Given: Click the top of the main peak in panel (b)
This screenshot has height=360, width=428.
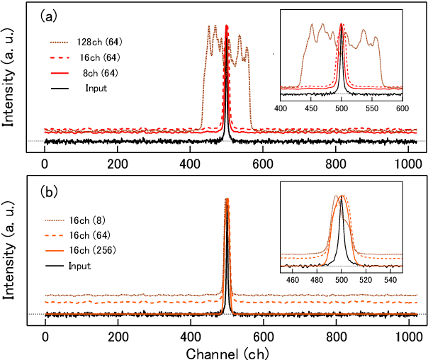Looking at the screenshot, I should [x=227, y=200].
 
